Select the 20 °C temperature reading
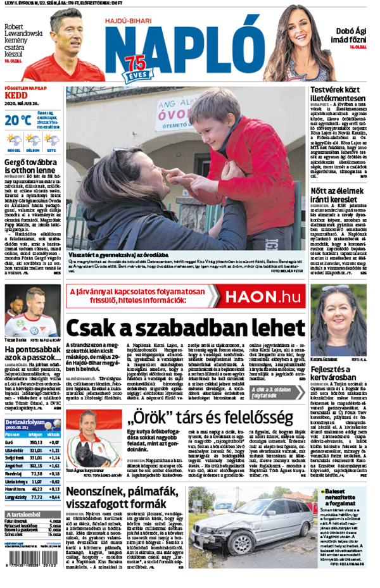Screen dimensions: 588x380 click(18, 120)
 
